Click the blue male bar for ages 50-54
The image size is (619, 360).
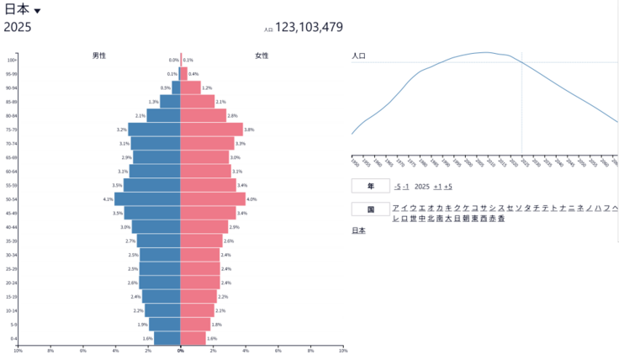147,199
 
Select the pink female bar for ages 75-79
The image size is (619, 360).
211,130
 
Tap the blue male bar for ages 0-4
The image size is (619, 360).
167,338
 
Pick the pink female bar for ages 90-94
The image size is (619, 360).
190,87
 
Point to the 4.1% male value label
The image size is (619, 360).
108,199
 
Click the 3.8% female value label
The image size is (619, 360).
249,130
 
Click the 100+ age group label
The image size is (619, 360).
13,60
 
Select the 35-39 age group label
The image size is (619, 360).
13,241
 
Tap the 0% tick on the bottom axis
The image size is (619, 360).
180,350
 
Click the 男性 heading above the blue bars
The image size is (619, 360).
99,56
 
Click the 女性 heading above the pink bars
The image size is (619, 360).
262,56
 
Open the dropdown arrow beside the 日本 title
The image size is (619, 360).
37,11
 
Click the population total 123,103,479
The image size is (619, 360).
309,28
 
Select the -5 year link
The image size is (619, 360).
396,186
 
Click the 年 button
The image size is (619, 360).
370,186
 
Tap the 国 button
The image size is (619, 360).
370,209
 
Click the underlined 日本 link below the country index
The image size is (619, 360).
358,230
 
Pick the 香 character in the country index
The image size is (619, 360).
501,219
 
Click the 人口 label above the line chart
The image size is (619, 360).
358,56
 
